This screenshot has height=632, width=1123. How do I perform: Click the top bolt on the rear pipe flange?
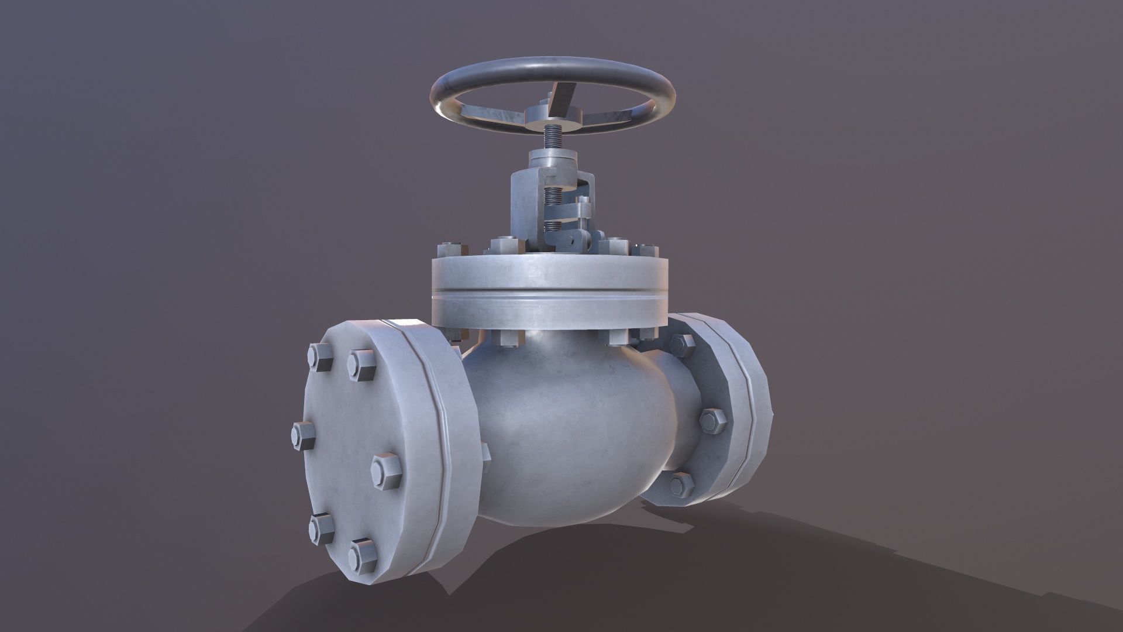tap(682, 345)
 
